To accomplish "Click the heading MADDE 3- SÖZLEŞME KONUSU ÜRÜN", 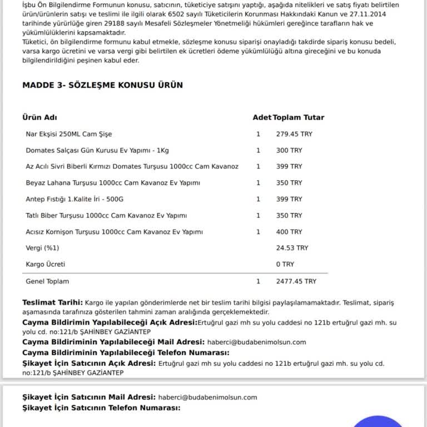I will click(102, 85).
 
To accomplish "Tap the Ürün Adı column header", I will click(39, 117).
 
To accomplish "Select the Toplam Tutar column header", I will click(299, 117).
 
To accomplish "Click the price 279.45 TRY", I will click(293, 134).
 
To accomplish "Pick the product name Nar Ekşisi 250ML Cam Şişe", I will click(69, 134).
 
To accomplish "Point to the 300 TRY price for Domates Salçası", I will click(289, 150).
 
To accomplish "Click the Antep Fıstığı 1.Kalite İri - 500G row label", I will click(75, 199).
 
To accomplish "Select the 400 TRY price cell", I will click(289, 232).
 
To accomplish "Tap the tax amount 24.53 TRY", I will click(292, 248).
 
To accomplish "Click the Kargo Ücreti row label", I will click(46, 264).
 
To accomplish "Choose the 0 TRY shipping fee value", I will click(285, 264).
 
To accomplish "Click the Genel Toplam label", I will click(47, 281).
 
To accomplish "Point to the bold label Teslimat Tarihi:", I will click(52, 302).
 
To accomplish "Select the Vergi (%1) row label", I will click(42, 248).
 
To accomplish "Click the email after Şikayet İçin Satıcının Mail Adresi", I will click(207, 397).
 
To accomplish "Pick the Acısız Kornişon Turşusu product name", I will click(114, 232).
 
